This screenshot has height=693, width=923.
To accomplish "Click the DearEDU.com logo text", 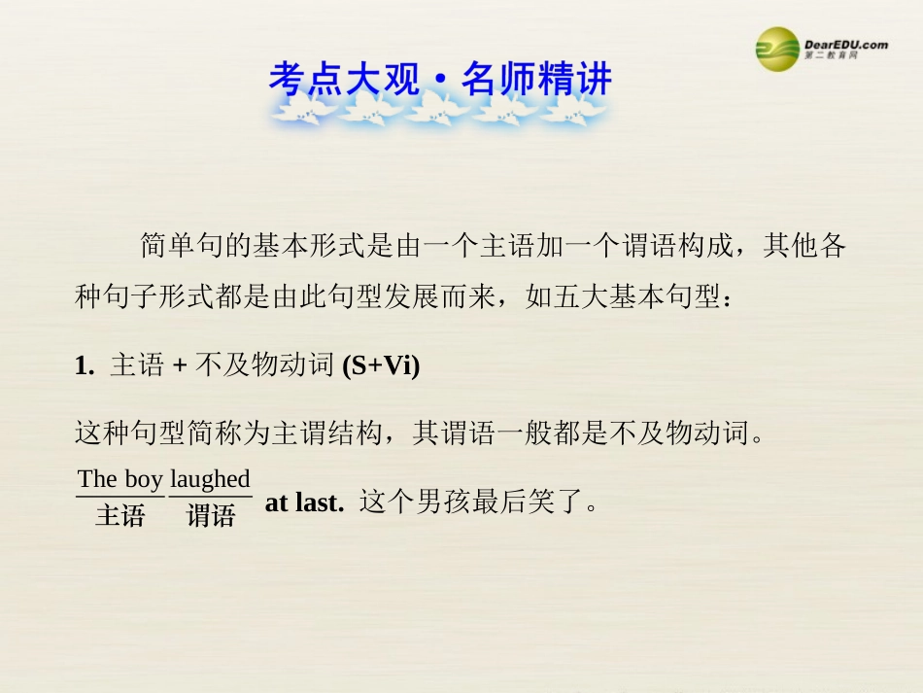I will [845, 44].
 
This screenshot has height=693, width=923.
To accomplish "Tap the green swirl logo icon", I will [778, 48].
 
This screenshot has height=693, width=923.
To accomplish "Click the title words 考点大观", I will [344, 79].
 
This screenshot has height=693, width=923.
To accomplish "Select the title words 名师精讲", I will [536, 79].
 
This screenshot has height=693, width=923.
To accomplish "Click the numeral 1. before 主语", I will [84, 365].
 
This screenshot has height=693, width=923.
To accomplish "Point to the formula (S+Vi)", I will [381, 365].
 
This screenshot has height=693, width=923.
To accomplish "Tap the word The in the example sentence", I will [97, 479].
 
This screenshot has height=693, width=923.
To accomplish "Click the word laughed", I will [210, 479].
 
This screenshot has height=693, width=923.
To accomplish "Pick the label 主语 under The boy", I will [120, 516].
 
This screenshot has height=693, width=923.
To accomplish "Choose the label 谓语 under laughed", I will [211, 516].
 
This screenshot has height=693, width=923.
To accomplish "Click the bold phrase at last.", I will [304, 502].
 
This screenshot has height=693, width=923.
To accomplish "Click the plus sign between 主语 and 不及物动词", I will [178, 365].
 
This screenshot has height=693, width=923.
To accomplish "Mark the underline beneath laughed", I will [211, 497].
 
